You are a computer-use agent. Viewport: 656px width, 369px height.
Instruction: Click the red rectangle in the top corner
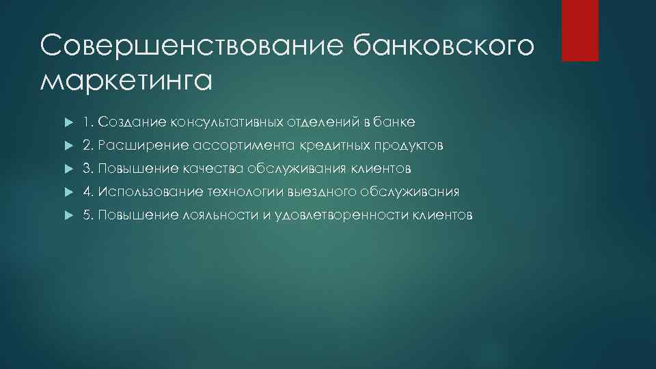(x=579, y=30)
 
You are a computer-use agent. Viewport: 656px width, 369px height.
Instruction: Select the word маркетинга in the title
(x=126, y=80)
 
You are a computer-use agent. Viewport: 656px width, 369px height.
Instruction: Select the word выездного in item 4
(x=320, y=192)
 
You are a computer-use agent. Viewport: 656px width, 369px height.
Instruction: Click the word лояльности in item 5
(x=219, y=215)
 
